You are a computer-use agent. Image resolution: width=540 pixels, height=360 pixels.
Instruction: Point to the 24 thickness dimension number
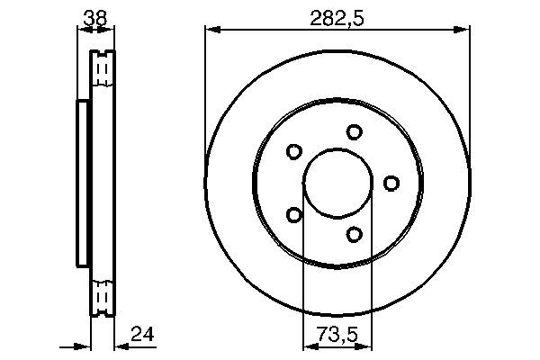pyautogui.click(x=142, y=335)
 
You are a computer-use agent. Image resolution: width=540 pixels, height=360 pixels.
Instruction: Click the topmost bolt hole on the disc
pyautogui.click(x=355, y=131)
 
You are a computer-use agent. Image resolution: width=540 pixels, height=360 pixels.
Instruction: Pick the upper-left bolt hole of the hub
pyautogui.click(x=293, y=152)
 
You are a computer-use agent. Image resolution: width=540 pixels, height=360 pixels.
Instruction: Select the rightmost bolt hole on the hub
pyautogui.click(x=391, y=184)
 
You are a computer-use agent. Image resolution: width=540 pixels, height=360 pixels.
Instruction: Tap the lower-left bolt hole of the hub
pyautogui.click(x=293, y=214)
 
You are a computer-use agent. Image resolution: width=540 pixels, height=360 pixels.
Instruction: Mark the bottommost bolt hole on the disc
pyautogui.click(x=354, y=235)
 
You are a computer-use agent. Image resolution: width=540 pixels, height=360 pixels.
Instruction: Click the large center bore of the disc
pyautogui.click(x=337, y=183)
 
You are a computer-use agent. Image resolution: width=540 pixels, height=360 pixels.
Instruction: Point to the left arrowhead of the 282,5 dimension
pyautogui.click(x=211, y=31)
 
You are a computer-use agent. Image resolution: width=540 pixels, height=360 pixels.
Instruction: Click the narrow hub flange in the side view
pyautogui.click(x=83, y=183)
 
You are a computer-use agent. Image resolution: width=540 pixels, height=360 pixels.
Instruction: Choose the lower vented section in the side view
pyautogui.click(x=103, y=295)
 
